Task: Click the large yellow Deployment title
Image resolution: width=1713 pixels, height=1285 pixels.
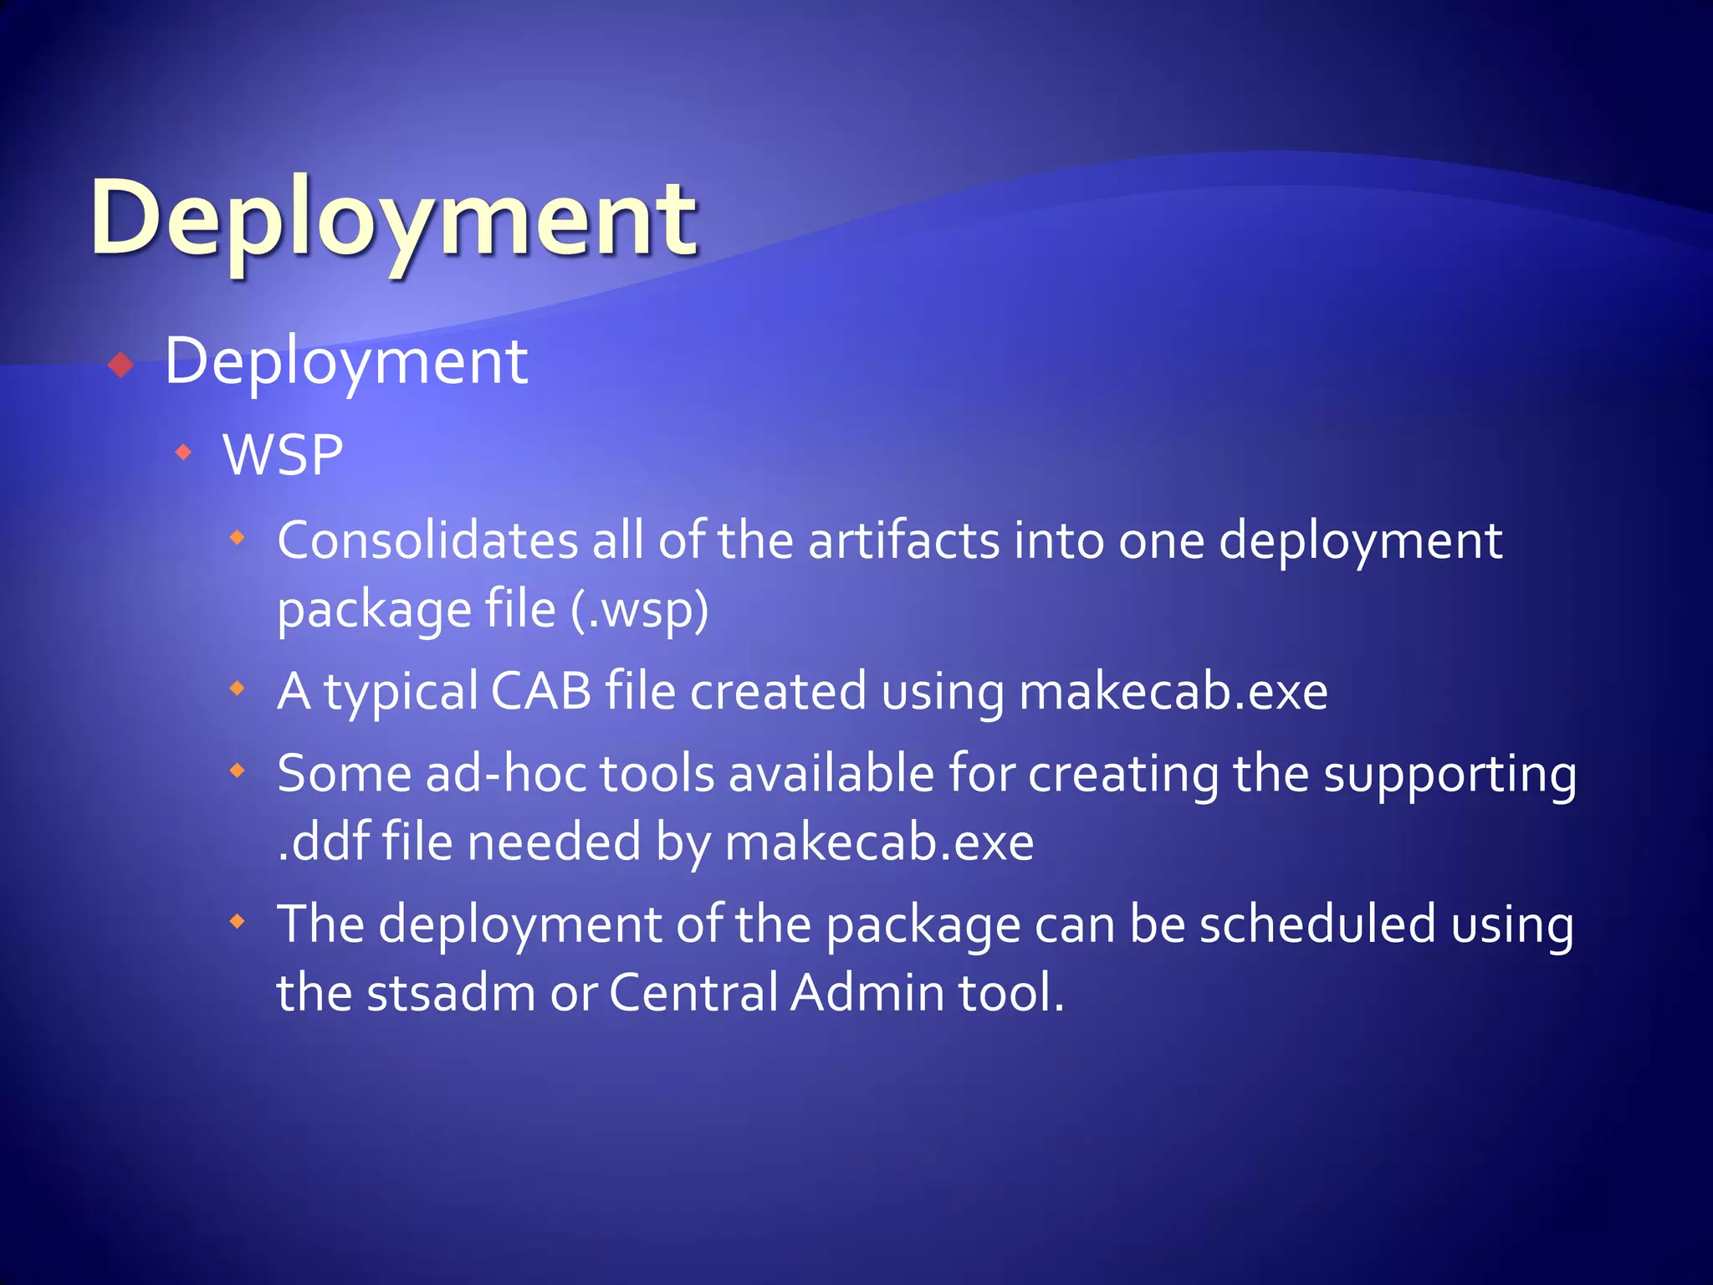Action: [393, 219]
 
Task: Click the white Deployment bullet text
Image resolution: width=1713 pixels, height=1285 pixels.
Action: [345, 361]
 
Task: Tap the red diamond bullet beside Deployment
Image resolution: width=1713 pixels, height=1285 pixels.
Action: [121, 365]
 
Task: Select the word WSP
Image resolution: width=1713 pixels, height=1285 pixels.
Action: [283, 455]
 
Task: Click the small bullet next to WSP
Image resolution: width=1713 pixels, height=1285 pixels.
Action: [184, 453]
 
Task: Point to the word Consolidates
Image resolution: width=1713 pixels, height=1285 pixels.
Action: [427, 540]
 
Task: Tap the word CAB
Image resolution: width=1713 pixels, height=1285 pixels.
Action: [541, 691]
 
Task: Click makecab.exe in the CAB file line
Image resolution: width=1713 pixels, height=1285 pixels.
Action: [1173, 693]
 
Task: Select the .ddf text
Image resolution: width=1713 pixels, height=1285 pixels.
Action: [323, 842]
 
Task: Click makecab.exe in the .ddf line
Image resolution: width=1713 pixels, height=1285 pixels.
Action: [879, 842]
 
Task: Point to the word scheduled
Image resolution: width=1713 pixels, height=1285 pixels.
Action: [1317, 924]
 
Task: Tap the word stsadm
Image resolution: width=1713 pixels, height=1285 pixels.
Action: [451, 993]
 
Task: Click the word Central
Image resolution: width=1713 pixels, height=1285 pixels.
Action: [693, 993]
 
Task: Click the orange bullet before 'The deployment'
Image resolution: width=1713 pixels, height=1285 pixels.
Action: [238, 922]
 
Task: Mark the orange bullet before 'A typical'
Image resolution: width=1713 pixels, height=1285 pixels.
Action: [238, 689]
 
